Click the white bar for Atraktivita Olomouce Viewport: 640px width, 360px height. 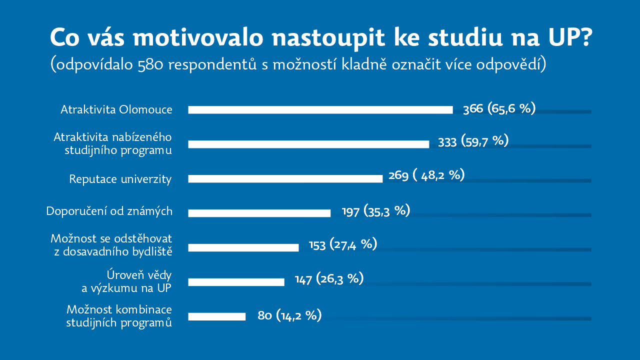320,110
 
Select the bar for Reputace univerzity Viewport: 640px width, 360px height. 285,178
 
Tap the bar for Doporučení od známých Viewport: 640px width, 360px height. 259,213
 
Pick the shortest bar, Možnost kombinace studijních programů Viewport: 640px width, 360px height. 216,316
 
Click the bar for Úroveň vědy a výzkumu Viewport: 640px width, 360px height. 236,282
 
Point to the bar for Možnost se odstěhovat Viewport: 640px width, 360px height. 243,247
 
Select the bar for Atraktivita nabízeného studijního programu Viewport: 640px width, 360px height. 308,144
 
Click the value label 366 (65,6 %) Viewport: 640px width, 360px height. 499,108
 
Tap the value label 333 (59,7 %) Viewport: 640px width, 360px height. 473,141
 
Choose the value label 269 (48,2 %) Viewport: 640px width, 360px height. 426,175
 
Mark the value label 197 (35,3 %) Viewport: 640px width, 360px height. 376,211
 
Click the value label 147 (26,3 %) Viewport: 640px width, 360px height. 329,279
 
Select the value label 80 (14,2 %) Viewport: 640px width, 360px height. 289,315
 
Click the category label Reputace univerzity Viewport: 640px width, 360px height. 120,179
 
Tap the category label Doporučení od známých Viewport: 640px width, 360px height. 109,211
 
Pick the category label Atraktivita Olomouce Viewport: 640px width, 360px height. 116,109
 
